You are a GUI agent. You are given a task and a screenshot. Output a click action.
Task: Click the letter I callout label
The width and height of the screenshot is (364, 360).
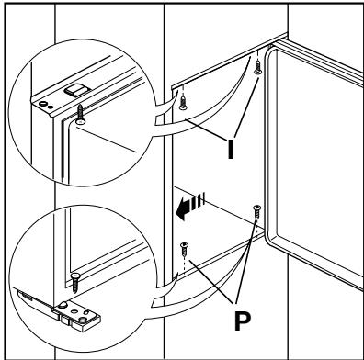click(x=231, y=149)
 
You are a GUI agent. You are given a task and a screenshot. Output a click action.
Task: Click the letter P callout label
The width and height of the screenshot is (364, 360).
click(x=243, y=321)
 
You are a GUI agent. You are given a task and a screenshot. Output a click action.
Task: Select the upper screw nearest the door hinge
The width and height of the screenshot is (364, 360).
click(x=258, y=67)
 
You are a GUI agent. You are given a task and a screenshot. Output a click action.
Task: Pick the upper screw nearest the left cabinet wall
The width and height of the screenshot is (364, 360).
click(x=183, y=103)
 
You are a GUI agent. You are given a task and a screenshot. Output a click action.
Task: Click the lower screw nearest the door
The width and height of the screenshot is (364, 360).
click(x=256, y=212)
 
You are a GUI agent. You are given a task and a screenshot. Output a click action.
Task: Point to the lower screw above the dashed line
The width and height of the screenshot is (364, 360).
click(x=185, y=250)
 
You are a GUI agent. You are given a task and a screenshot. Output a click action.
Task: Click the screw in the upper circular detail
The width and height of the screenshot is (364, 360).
click(x=80, y=115)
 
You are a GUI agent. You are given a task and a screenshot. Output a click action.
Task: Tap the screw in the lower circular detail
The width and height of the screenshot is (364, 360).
click(x=74, y=283)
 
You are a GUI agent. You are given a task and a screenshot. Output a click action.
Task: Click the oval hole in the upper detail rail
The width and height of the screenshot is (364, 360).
click(x=43, y=104)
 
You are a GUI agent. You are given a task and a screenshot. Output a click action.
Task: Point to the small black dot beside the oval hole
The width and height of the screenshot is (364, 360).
click(x=51, y=107)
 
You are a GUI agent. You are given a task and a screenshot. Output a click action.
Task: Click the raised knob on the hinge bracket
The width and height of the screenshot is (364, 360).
click(x=63, y=305)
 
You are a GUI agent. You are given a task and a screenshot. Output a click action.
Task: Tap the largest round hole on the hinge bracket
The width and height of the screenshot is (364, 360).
click(x=83, y=320)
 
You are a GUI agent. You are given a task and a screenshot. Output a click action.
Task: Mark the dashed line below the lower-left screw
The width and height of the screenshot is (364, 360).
click(x=183, y=264)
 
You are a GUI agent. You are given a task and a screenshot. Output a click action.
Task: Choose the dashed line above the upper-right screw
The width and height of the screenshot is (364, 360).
click(x=258, y=56)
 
